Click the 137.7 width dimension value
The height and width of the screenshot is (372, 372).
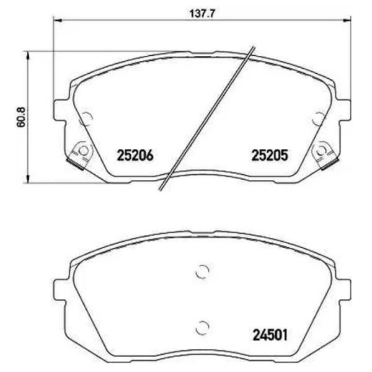(x=202, y=14)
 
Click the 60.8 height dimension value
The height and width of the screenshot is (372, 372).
(x=21, y=117)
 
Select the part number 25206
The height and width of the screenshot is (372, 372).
(x=135, y=156)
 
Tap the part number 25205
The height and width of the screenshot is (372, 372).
(x=270, y=156)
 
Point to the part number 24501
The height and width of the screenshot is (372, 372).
(x=270, y=335)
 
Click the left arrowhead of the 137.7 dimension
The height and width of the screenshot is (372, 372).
(x=57, y=21)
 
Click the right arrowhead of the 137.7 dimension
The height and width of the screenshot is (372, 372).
(x=347, y=21)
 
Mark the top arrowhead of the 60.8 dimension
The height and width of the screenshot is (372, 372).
(x=28, y=56)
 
